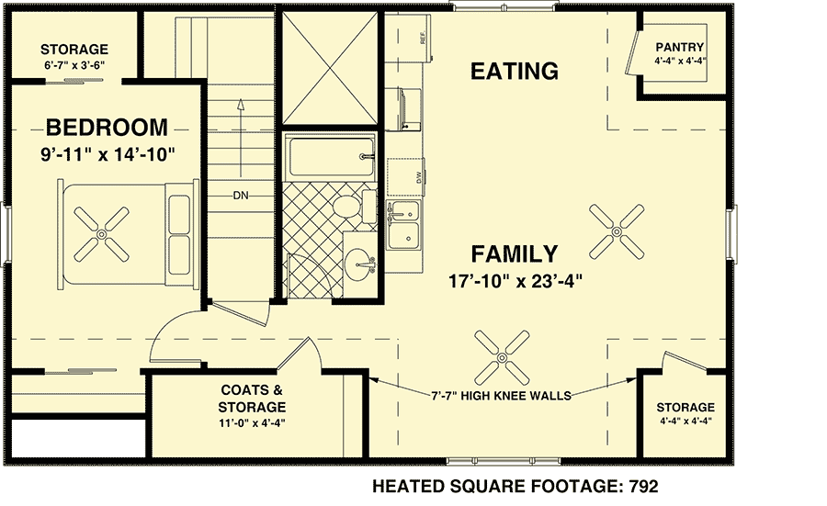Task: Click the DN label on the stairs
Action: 242,196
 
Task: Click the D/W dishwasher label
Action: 418,179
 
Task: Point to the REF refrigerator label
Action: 422,39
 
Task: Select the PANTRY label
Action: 680,48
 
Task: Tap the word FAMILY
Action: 515,254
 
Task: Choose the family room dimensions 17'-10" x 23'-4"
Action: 515,281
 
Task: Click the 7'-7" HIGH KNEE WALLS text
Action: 502,396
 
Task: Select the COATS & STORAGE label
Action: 251,398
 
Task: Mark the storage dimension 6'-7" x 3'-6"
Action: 74,64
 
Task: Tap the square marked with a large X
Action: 329,67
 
